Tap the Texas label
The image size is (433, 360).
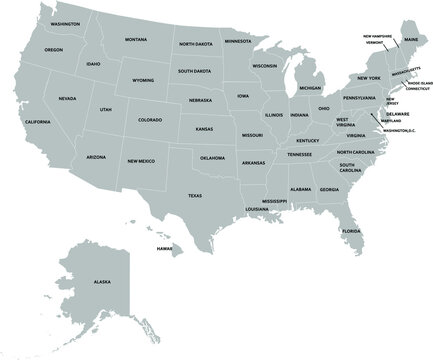coord(194,196)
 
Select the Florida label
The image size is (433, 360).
coord(351,231)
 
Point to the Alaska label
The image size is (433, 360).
coord(102,282)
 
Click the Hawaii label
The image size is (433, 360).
coord(151,247)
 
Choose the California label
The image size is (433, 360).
coord(37,121)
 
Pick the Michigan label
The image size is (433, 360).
coord(310,87)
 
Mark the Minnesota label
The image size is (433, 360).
coord(238,42)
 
